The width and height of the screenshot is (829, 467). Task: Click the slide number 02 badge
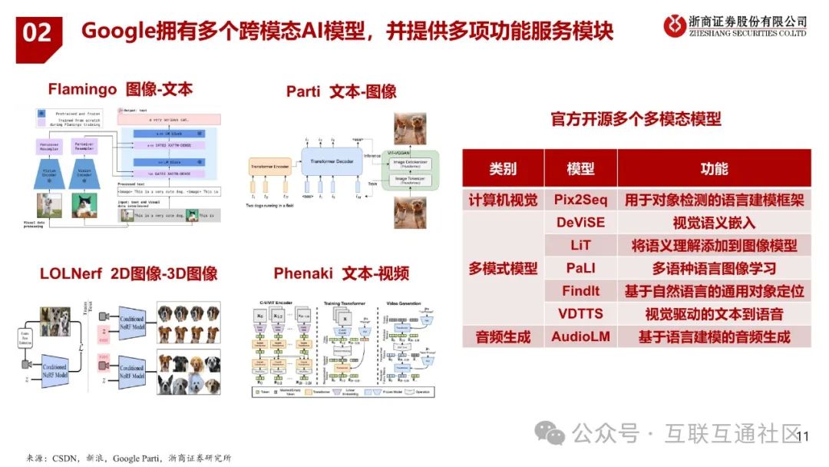(38, 33)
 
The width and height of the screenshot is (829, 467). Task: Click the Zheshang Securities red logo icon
(675, 25)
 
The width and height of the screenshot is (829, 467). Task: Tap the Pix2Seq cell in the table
(580, 200)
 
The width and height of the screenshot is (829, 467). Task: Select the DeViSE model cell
(580, 223)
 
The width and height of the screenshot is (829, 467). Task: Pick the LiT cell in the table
(580, 246)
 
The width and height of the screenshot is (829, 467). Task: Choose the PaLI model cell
(580, 269)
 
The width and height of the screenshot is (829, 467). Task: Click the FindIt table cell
(580, 291)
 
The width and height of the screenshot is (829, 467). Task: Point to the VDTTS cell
(580, 313)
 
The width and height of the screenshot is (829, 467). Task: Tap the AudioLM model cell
(580, 336)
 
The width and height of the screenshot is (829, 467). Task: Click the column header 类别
(503, 168)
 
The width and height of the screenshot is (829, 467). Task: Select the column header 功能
(714, 168)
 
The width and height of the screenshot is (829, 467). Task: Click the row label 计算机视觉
(503, 200)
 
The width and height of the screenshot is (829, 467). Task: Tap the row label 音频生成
(503, 336)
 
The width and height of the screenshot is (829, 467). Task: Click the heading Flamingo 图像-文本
(121, 90)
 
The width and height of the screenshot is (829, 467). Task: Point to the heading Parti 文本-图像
(342, 92)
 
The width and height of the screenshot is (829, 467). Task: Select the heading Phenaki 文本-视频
(342, 273)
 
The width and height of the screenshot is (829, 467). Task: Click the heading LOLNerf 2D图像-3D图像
(128, 273)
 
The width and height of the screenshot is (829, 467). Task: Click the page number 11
(804, 437)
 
